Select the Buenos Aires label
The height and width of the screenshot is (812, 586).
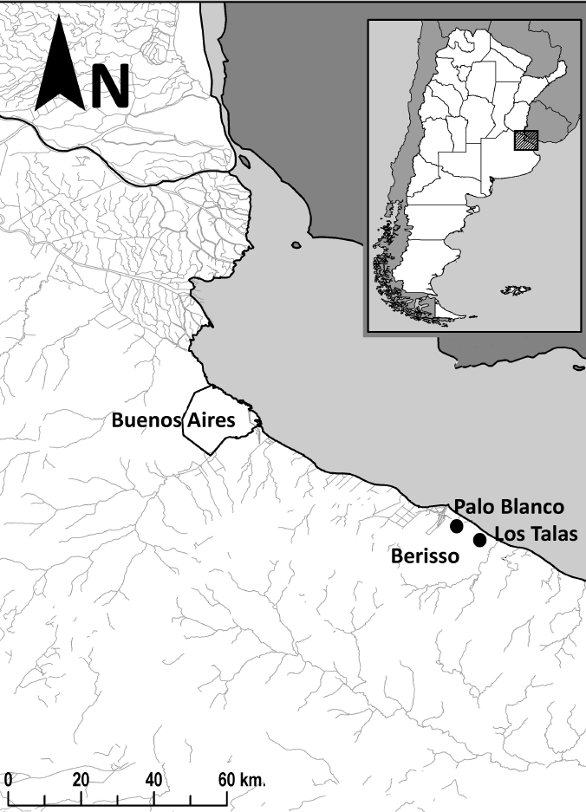pyautogui.click(x=173, y=421)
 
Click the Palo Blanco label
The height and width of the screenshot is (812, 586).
pyautogui.click(x=509, y=507)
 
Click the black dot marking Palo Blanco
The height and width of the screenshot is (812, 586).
pyautogui.click(x=457, y=526)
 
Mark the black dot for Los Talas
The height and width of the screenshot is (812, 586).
pyautogui.click(x=479, y=541)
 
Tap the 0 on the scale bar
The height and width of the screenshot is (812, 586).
pyautogui.click(x=7, y=777)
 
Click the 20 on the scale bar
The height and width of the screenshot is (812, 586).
pyautogui.click(x=81, y=777)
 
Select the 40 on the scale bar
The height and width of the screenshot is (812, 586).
pyautogui.click(x=154, y=777)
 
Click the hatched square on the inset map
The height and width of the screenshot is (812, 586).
pyautogui.click(x=525, y=140)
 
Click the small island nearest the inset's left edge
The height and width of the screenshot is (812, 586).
pyautogui.click(x=296, y=245)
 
